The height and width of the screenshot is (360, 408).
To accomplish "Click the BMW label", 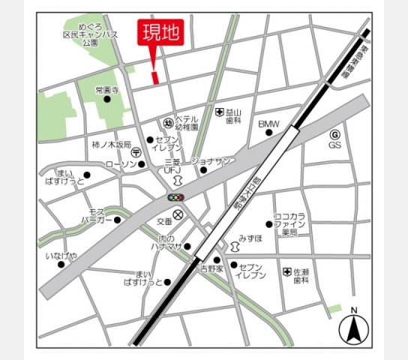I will [268, 124].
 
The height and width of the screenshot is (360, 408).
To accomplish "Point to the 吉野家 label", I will [211, 268].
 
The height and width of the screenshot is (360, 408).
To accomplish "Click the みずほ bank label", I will [250, 238].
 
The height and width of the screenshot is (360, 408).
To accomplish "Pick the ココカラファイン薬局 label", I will [289, 223].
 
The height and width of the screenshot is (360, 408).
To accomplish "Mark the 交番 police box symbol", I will [178, 215].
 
